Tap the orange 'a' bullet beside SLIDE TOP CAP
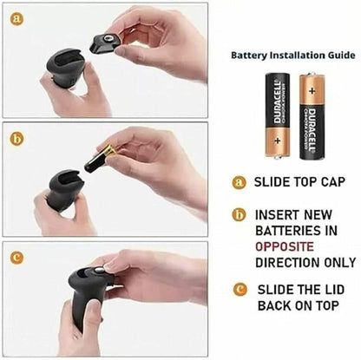[239, 183]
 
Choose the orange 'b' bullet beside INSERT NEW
[239, 213]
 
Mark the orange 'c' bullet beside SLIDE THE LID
[239, 289]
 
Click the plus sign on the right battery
[311, 88]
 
